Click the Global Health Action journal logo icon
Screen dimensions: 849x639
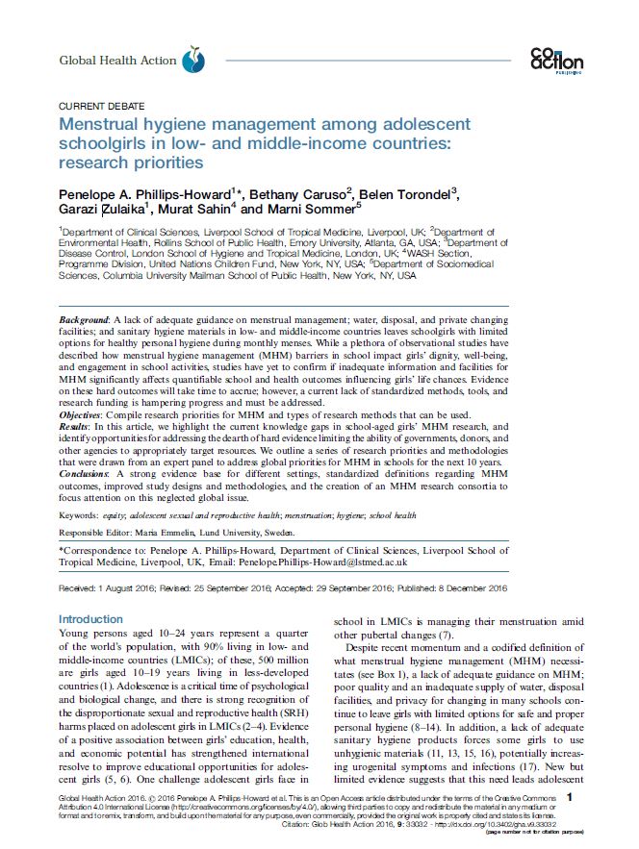pos(194,61)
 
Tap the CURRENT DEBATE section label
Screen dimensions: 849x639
pos(97,107)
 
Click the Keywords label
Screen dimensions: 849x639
pos(80,515)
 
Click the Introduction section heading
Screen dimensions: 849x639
pos(91,619)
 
